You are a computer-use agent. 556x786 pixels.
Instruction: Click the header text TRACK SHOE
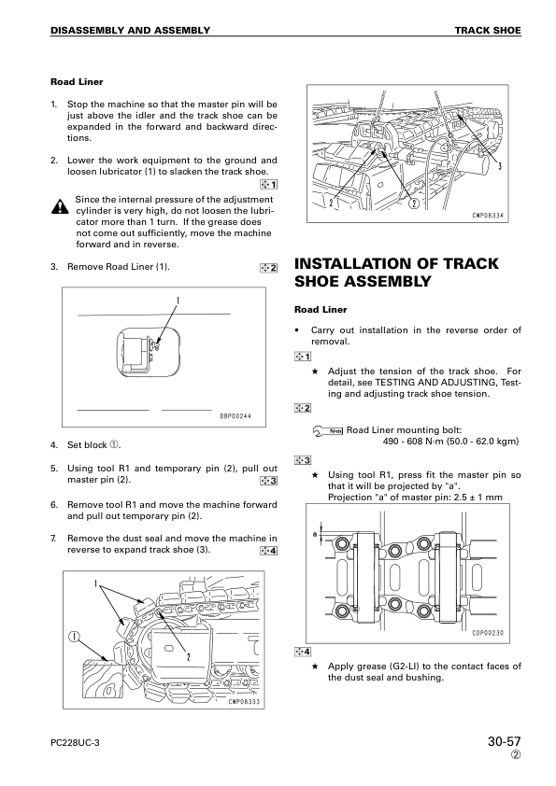(x=488, y=30)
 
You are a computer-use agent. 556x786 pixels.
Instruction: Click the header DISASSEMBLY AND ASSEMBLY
(x=130, y=30)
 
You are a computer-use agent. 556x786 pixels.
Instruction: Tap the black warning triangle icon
(x=60, y=206)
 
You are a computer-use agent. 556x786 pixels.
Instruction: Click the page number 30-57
(x=505, y=741)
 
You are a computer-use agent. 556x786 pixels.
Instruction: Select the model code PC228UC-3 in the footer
(x=75, y=743)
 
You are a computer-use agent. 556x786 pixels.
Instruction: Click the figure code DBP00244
(x=235, y=416)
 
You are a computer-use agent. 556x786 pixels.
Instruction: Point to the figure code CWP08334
(x=488, y=216)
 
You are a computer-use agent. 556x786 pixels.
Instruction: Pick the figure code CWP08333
(x=245, y=702)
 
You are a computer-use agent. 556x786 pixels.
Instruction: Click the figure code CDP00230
(x=488, y=633)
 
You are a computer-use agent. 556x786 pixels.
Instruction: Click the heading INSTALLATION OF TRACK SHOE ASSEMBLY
(x=396, y=273)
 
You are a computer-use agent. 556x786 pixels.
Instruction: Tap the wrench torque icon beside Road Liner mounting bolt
(x=327, y=430)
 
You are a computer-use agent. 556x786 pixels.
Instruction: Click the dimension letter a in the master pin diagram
(x=315, y=534)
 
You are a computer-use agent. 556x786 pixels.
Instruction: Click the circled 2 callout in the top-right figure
(x=414, y=203)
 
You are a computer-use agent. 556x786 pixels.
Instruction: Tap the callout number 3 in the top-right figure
(x=500, y=166)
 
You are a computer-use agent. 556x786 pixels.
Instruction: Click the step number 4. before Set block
(x=53, y=445)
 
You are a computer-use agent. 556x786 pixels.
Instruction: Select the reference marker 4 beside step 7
(x=269, y=552)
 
